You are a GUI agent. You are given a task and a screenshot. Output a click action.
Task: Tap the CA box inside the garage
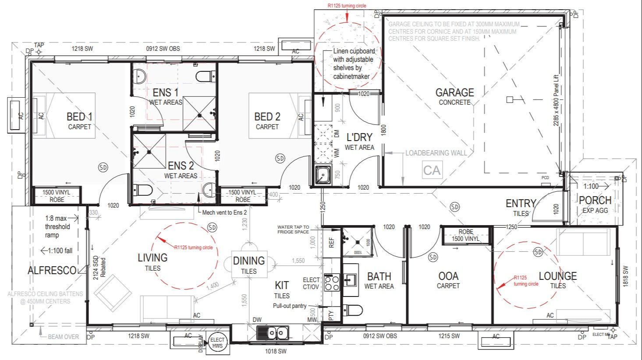pyautogui.click(x=432, y=170)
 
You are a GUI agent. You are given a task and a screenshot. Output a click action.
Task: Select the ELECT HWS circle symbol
pyautogui.click(x=217, y=342)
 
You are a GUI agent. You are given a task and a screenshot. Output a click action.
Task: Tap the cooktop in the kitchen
pyautogui.click(x=332, y=282)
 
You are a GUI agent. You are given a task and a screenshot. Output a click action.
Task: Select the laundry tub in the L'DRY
pyautogui.click(x=323, y=176)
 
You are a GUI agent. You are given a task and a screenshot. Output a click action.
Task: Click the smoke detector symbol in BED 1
pyautogui.click(x=103, y=167)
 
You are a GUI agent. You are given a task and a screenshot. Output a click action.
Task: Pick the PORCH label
pyautogui.click(x=595, y=201)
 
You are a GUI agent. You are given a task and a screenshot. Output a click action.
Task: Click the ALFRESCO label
pyautogui.click(x=52, y=271)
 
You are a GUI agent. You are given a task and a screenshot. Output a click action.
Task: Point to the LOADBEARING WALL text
pyautogui.click(x=436, y=153)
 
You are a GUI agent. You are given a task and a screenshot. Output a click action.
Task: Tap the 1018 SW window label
pyautogui.click(x=276, y=351)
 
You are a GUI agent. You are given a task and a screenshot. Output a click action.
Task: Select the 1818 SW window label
pyautogui.click(x=625, y=276)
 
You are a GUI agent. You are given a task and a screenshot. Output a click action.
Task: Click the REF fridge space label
pyautogui.click(x=331, y=242)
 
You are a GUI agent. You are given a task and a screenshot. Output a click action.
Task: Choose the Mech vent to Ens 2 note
pyautogui.click(x=224, y=212)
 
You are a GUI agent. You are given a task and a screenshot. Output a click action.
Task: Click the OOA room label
pyautogui.click(x=448, y=276)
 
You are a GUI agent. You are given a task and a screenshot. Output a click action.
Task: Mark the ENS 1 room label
pyautogui.click(x=165, y=93)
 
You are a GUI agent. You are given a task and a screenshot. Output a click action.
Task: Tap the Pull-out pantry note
pyautogui.click(x=290, y=306)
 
